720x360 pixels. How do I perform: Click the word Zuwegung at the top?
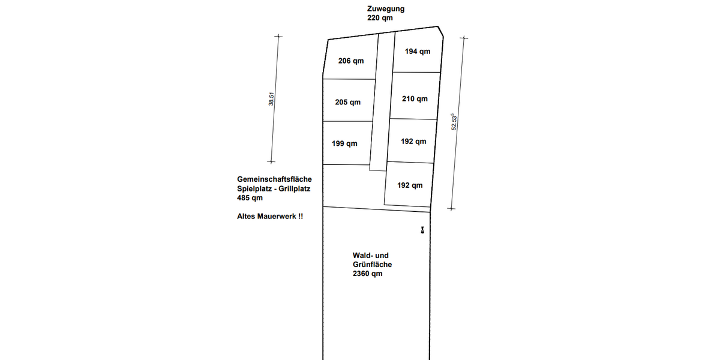coord(386,9)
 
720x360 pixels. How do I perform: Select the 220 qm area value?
coord(380,18)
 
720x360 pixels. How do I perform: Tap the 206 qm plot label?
coord(351,61)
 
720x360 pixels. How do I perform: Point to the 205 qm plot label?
coord(348,102)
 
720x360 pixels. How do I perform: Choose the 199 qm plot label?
coord(344,143)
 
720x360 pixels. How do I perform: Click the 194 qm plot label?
coord(418,52)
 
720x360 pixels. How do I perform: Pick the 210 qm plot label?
coord(415,98)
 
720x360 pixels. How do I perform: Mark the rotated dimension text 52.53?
coord(455,123)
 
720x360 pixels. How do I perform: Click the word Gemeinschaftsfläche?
coord(274,179)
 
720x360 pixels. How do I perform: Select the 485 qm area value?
coord(250,198)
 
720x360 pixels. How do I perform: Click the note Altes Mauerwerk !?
coord(270,217)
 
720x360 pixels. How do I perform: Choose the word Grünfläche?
coord(372,265)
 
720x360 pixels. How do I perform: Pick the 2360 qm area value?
coord(367,274)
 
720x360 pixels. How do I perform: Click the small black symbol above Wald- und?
coord(422,230)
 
